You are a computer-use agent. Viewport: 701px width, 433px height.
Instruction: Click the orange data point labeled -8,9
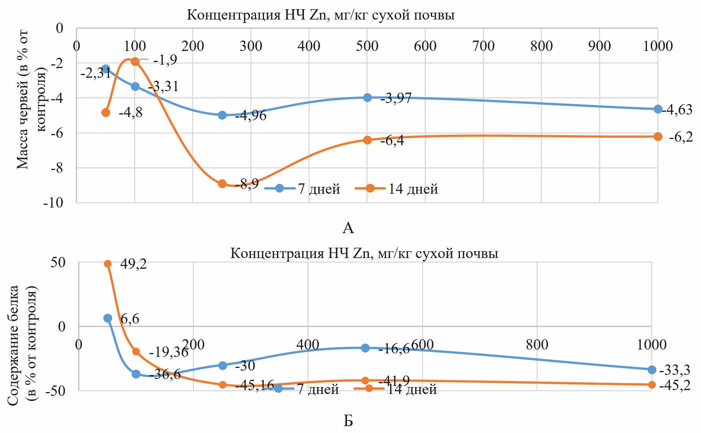[x=222, y=184]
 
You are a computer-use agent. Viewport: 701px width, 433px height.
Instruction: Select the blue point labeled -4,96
[x=222, y=115]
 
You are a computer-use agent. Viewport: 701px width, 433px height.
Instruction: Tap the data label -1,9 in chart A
[x=165, y=60]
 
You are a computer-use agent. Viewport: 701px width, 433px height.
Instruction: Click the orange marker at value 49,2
[x=108, y=264]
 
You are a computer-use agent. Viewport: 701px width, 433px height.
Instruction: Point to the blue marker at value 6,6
[x=108, y=318]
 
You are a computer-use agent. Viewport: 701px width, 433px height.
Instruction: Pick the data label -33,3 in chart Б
[x=675, y=370]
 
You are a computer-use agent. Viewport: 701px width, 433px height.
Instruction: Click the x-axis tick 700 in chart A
[x=483, y=46]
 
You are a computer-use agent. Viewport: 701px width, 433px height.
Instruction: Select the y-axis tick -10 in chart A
[x=53, y=202]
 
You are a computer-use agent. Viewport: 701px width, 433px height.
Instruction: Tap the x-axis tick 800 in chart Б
[x=537, y=345]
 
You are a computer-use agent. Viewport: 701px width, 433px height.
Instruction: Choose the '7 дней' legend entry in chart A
[x=303, y=189]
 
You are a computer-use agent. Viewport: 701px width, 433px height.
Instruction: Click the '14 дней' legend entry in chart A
[x=397, y=189]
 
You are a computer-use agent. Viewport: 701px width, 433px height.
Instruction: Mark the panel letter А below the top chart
[x=348, y=228]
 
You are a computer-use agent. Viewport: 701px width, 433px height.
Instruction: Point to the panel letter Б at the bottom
[x=348, y=421]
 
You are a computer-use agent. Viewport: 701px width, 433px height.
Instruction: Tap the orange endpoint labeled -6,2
[x=658, y=137]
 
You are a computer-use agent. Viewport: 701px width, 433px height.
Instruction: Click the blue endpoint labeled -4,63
[x=658, y=109]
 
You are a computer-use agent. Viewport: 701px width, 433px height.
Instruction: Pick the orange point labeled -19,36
[x=136, y=351]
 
